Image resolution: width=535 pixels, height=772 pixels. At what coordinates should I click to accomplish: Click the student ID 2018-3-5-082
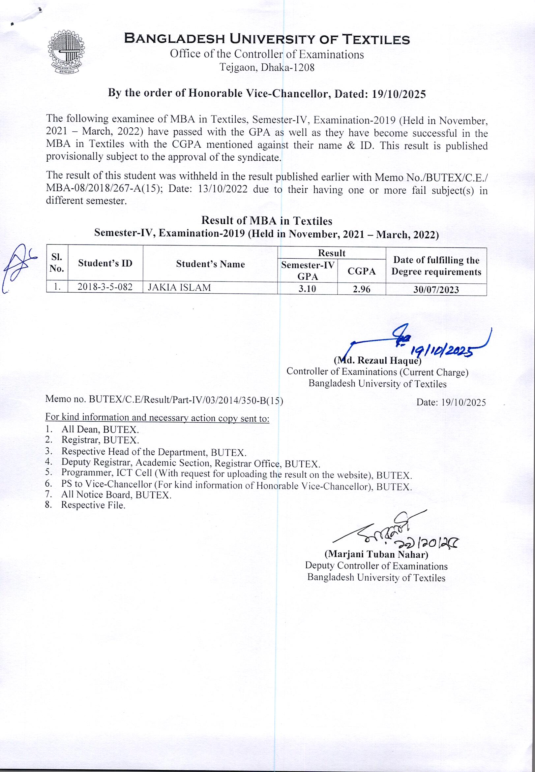point(105,287)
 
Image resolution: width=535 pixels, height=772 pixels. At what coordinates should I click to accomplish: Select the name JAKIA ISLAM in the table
point(179,288)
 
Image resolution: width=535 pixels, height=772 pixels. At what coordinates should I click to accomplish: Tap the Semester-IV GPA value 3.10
point(307,289)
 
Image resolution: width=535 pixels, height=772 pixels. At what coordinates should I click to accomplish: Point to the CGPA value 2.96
point(361,289)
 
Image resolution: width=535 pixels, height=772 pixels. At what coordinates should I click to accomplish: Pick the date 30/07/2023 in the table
point(436,290)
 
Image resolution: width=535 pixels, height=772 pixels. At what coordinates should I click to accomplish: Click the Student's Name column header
point(210,264)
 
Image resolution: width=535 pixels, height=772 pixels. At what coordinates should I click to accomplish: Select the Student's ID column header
point(105,263)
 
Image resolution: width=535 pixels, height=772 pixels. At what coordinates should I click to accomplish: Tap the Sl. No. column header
point(57,263)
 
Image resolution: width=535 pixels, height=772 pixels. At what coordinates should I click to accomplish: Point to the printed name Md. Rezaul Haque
point(377,361)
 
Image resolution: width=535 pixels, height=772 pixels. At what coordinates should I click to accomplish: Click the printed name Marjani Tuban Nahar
point(376,555)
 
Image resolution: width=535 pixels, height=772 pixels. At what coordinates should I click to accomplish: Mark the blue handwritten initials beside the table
point(17,267)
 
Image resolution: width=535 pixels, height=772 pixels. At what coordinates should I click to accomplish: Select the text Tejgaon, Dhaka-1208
point(267,67)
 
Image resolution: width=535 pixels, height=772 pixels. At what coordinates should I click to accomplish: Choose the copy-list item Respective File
point(93,505)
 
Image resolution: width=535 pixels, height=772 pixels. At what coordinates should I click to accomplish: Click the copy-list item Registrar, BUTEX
point(100,440)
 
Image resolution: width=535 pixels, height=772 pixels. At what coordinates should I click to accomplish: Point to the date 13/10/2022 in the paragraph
point(223,189)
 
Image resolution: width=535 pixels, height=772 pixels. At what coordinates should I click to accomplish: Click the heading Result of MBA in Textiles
point(266,221)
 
